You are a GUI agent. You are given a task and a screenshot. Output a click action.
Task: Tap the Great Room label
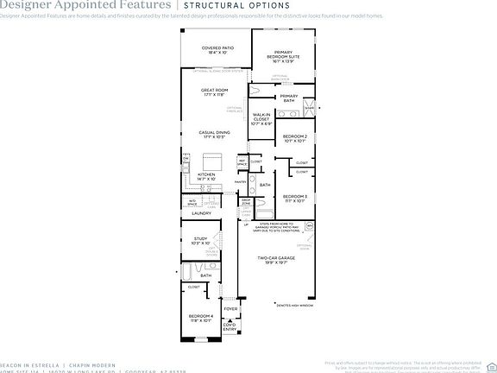click(x=214, y=92)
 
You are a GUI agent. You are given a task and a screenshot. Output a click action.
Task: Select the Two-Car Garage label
click(x=278, y=259)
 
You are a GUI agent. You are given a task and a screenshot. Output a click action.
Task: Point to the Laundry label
click(x=202, y=212)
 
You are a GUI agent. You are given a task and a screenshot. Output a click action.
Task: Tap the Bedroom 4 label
click(x=200, y=318)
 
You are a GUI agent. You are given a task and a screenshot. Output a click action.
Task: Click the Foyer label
click(x=230, y=308)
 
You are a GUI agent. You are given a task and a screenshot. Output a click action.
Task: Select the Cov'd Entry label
click(x=230, y=326)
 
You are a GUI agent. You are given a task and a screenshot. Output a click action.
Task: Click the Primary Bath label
click(x=288, y=98)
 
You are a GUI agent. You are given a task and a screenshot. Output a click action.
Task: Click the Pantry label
click(x=241, y=182)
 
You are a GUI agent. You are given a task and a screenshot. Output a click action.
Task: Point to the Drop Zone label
click(x=246, y=202)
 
